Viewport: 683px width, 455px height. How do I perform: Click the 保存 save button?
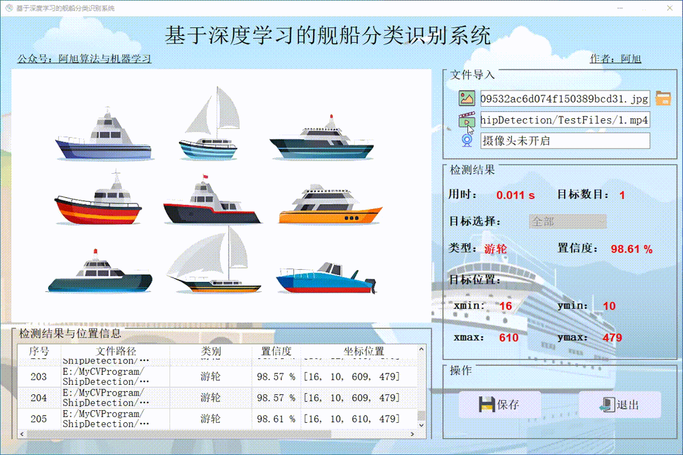pyautogui.click(x=500, y=404)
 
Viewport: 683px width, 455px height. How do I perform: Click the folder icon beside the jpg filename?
pyautogui.click(x=663, y=98)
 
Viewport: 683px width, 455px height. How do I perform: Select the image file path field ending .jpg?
pyautogui.click(x=564, y=99)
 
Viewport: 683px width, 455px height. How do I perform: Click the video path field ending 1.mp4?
pyautogui.click(x=564, y=120)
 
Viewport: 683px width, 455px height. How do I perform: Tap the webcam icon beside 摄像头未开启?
pyautogui.click(x=467, y=140)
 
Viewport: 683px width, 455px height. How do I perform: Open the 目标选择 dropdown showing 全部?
pyautogui.click(x=567, y=222)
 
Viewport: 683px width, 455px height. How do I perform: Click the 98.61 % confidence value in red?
pyautogui.click(x=631, y=250)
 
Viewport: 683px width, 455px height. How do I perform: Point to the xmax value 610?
pyautogui.click(x=508, y=337)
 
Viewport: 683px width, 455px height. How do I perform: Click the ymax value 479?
pyautogui.click(x=612, y=337)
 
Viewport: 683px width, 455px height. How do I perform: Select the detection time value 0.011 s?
pyautogui.click(x=515, y=195)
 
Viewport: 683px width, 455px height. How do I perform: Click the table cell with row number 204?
pyautogui.click(x=39, y=397)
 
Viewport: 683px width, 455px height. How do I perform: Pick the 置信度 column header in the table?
pyautogui.click(x=276, y=351)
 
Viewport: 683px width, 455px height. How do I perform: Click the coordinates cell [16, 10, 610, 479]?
pyautogui.click(x=351, y=418)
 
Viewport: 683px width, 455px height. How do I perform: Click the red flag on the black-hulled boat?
pyautogui.click(x=204, y=176)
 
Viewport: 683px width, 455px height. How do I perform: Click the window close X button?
pyautogui.click(x=668, y=8)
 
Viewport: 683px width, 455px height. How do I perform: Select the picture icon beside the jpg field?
pyautogui.click(x=467, y=99)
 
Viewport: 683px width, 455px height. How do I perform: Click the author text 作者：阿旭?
pyautogui.click(x=615, y=59)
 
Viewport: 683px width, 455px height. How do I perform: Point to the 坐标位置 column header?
pyautogui.click(x=364, y=351)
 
